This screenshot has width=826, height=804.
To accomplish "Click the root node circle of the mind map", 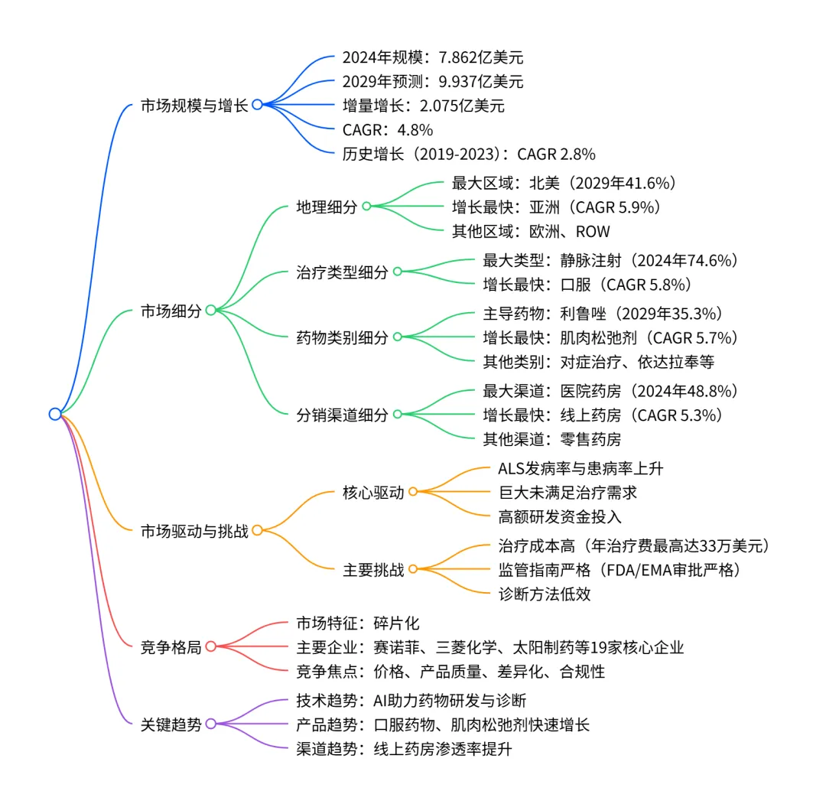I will (54, 414).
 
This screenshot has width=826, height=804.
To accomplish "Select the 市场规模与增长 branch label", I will (194, 106).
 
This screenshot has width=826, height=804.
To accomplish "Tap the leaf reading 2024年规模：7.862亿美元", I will (433, 57).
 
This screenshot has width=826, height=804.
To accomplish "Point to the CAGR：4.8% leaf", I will (388, 129).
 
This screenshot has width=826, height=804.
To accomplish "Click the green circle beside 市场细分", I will (211, 311).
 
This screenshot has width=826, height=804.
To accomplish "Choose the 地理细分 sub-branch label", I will (327, 207).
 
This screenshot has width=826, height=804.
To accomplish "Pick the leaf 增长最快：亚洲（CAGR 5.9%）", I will (556, 207).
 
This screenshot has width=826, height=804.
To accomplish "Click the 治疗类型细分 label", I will (342, 272).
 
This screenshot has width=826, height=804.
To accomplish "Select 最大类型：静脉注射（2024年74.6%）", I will (610, 261).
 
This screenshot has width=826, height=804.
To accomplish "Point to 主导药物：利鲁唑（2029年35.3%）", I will (603, 314).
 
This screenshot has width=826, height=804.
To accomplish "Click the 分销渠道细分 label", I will (342, 415).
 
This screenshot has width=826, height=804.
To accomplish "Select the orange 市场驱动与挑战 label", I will (194, 530).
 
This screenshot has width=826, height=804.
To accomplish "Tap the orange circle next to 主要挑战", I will (413, 569).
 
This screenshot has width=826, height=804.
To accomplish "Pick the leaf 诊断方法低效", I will (544, 594).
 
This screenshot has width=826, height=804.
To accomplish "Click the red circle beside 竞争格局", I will (211, 647).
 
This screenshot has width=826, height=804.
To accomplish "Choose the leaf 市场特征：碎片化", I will (358, 623).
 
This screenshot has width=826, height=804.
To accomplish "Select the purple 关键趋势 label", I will (171, 724).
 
